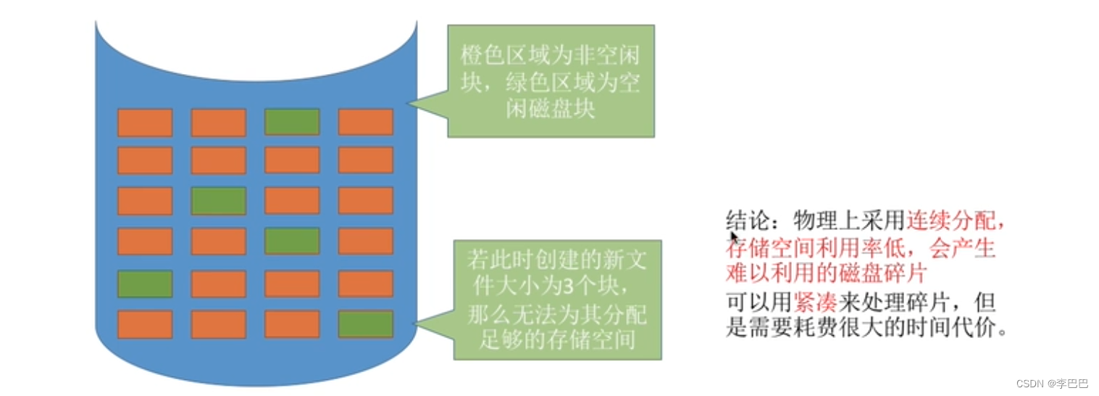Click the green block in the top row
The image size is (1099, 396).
(292, 123)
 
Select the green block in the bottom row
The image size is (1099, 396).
(366, 324)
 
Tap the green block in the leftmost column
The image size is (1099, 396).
(145, 284)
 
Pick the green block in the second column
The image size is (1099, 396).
(219, 201)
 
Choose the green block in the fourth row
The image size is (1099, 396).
(292, 241)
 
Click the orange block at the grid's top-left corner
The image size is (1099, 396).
(145, 123)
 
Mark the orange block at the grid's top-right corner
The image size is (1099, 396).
(366, 123)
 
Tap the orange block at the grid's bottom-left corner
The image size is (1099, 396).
(145, 324)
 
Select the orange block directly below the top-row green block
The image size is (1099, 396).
(292, 160)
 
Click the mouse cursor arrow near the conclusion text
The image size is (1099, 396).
(733, 238)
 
